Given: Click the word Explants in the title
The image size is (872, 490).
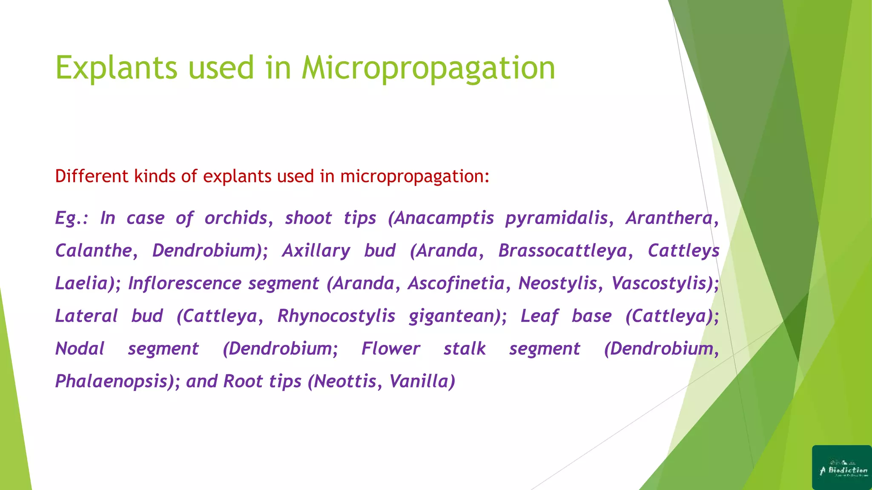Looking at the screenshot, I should tap(116, 68).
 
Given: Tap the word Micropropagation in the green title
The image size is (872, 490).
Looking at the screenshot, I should tap(428, 68).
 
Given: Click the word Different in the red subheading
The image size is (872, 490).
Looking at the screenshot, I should tap(92, 176).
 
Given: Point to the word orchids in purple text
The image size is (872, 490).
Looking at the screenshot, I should tap(236, 218).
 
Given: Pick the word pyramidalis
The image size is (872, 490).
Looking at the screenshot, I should tap(557, 218).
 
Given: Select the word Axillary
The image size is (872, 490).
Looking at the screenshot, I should tap(316, 251).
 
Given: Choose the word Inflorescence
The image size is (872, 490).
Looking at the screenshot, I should tap(181, 283).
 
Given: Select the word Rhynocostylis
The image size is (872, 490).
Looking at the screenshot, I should tap(336, 316).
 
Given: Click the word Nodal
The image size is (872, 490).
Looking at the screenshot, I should tap(80, 349).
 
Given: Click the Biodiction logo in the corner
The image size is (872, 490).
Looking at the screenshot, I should tap(842, 467).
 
